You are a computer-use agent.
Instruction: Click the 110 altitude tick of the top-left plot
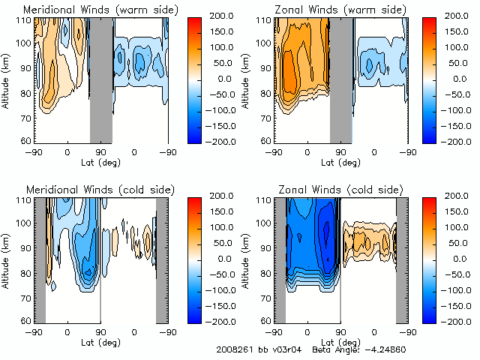pos(24,20)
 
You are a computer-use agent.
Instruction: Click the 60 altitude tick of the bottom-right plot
pos(265,321)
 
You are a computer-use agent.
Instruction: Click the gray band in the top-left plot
pos(101,79)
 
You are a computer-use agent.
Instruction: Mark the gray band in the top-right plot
pos(341,79)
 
